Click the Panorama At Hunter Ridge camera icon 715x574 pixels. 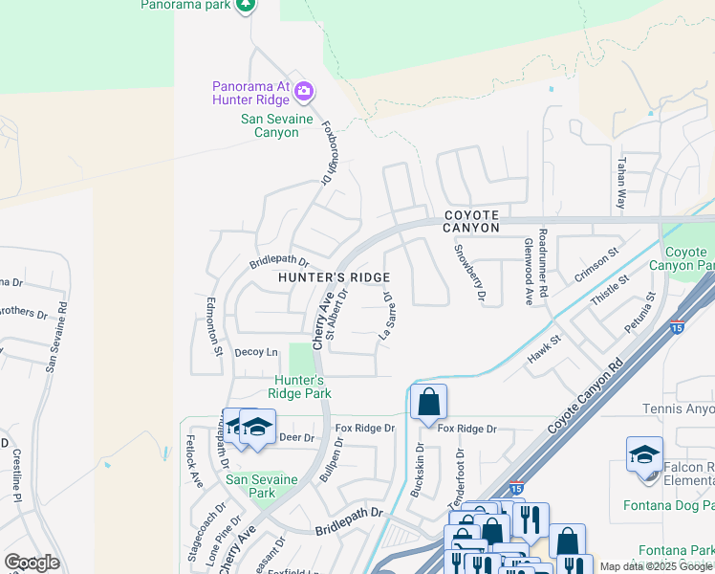click(304, 92)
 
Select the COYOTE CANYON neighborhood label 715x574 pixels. click(471, 222)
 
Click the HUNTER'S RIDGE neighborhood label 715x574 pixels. click(334, 277)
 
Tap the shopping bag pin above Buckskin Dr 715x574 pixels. click(429, 403)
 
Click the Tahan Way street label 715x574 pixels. click(621, 185)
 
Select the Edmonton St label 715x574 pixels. click(215, 326)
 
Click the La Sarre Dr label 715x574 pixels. click(388, 316)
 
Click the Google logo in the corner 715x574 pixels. click(32, 563)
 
